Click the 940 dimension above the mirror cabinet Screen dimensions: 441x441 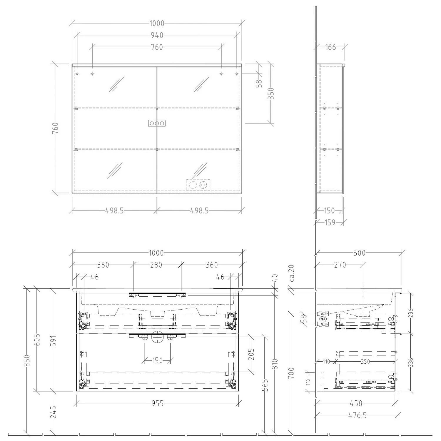pyautogui.click(x=157, y=36)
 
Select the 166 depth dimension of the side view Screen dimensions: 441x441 pyautogui.click(x=330, y=47)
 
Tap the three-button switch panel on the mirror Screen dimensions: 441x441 pyautogui.click(x=157, y=123)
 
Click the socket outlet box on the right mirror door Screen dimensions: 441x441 pyautogui.click(x=198, y=185)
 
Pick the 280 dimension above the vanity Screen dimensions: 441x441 pyautogui.click(x=156, y=265)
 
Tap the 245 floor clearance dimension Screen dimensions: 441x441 pyautogui.click(x=53, y=412)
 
